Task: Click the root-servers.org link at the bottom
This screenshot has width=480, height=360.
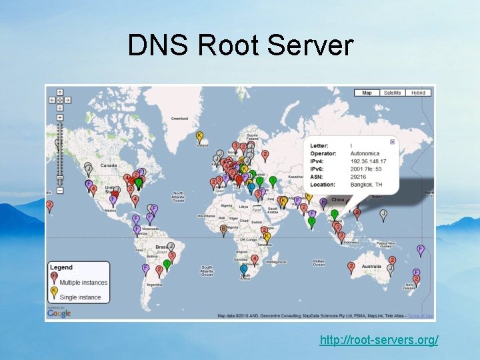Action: (379, 340)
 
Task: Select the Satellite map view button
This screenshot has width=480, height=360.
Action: (393, 93)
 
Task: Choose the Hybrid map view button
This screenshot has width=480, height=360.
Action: (418, 93)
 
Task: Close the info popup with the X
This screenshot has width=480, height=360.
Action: (392, 141)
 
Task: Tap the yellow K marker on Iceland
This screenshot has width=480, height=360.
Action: (199, 136)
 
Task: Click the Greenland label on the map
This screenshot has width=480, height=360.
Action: (179, 119)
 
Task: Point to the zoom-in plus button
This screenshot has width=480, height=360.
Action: (60, 117)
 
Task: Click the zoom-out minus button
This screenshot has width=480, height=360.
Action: (60, 191)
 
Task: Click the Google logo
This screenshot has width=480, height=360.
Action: (59, 313)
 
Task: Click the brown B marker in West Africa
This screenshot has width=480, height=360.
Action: (224, 229)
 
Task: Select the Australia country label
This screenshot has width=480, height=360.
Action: (371, 267)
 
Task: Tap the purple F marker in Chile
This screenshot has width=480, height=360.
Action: (145, 268)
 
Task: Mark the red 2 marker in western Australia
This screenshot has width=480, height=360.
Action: (351, 266)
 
